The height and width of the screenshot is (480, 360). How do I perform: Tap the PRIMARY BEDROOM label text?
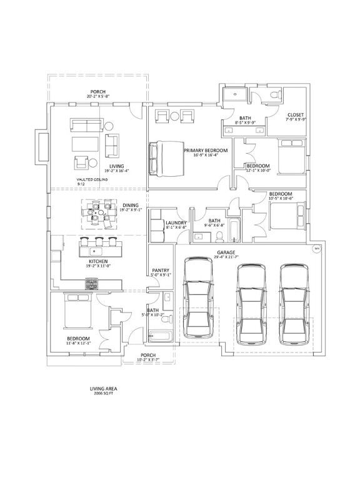coord(205,151)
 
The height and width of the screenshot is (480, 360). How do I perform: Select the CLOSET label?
coord(295,115)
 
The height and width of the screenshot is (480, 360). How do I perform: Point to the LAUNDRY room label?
coord(176,222)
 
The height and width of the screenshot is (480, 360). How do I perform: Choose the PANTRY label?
coord(161,270)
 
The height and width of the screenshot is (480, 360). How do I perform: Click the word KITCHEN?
coord(98,261)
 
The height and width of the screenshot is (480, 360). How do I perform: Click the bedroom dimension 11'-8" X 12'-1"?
coord(79,342)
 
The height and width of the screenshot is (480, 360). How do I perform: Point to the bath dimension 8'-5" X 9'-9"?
coord(245,122)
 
